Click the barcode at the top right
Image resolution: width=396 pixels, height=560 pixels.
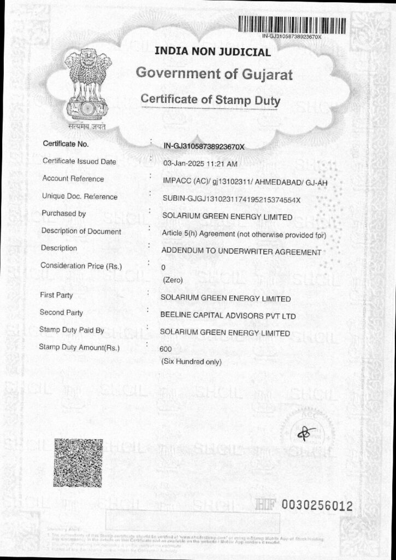[292, 25]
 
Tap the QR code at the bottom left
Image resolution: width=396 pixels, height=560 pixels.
[78, 462]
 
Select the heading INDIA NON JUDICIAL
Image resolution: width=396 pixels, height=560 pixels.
[213, 52]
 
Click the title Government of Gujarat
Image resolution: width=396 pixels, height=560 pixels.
[214, 74]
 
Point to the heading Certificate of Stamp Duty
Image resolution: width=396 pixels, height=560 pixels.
[210, 100]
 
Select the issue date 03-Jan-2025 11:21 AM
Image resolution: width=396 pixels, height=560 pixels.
[200, 164]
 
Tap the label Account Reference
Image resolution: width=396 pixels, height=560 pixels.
[73, 179]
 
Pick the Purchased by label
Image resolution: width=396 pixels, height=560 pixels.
[63, 214]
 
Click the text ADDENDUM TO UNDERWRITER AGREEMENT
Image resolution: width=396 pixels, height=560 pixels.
[241, 252]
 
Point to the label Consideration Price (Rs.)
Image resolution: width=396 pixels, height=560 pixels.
[81, 266]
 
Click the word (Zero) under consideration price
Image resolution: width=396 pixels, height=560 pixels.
[173, 280]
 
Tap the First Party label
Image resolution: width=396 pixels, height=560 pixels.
[56, 295]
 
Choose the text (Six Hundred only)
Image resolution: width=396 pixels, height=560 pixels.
[191, 361]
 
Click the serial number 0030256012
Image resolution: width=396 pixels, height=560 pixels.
[317, 506]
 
